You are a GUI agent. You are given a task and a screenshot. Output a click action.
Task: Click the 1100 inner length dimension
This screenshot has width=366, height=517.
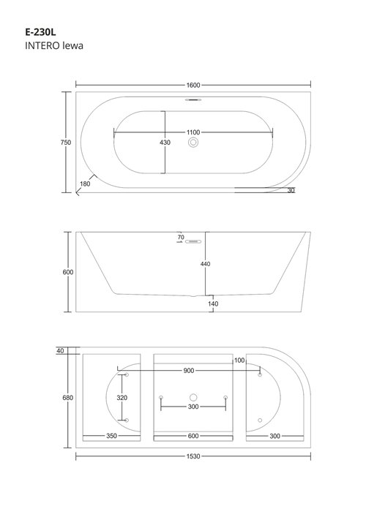tap(193, 132)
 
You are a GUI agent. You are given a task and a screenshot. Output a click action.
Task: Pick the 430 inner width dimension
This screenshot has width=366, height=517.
tap(165, 143)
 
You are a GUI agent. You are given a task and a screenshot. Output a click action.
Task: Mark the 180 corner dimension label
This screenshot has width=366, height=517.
tap(86, 184)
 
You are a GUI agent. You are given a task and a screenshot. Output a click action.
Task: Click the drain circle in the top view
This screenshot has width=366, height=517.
tap(193, 145)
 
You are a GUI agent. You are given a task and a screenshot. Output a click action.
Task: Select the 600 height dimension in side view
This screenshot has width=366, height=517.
tap(68, 272)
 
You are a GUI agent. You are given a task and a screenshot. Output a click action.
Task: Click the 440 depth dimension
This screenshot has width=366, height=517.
tap(206, 264)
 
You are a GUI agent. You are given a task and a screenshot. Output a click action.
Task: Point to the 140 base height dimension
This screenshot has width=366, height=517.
tap(213, 303)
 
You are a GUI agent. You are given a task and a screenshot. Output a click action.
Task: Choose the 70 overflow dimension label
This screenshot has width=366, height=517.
tap(180, 238)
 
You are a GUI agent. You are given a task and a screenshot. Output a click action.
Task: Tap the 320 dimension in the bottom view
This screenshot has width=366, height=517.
tap(123, 398)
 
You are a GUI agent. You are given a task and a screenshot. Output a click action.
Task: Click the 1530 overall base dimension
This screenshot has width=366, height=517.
tap(193, 456)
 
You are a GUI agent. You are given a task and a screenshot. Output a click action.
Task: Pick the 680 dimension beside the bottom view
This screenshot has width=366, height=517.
tap(67, 398)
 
